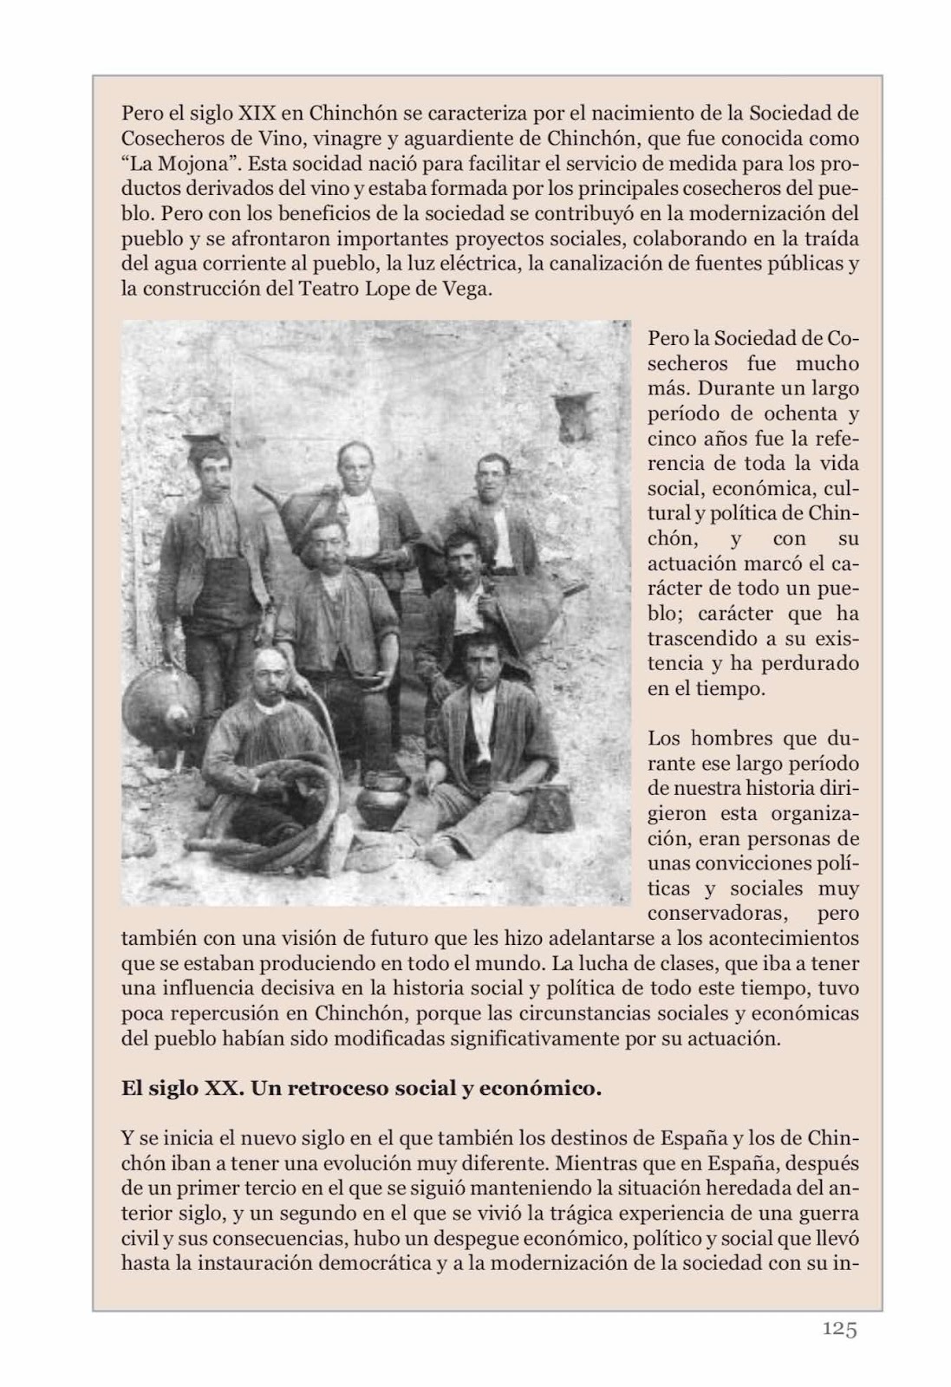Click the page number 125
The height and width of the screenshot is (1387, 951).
(839, 1328)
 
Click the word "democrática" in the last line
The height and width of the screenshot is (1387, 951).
(374, 1263)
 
